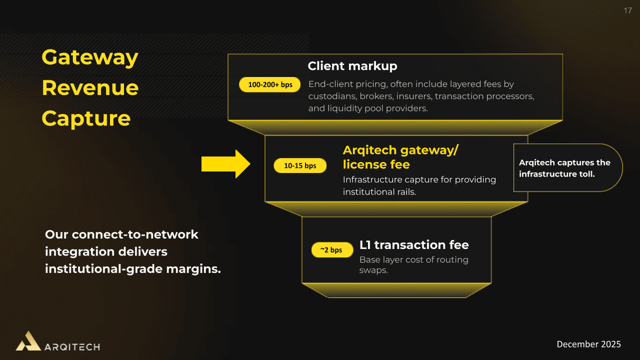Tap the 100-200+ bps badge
[270, 84]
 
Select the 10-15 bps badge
[300, 165]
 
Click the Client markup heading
[352, 66]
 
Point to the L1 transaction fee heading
[414, 245]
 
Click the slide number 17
[628, 11]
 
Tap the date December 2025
[588, 344]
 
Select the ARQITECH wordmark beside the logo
[72, 346]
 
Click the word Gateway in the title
[90, 57]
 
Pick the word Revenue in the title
[90, 88]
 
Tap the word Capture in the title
[86, 118]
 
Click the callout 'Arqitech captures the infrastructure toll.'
[564, 168]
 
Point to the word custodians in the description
[331, 96]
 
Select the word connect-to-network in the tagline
[135, 234]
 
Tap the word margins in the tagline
[195, 268]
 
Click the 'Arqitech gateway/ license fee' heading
[400, 157]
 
